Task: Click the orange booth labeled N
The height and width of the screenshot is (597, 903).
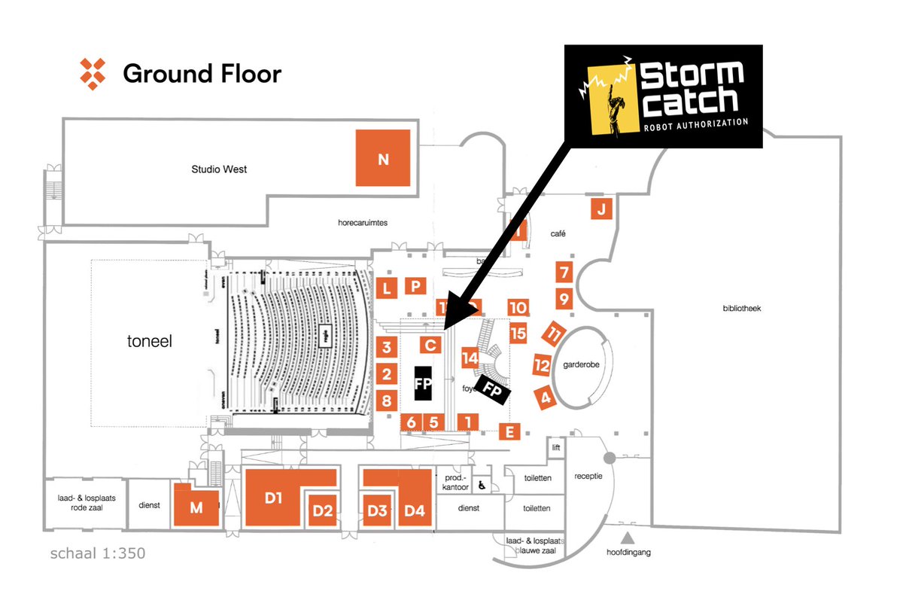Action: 383,158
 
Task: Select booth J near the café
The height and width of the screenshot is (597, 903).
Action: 600,210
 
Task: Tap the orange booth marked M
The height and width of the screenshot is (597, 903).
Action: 196,507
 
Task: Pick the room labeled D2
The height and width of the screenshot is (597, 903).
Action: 323,511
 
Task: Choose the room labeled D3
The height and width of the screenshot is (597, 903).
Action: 377,511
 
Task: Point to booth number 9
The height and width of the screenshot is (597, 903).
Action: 564,299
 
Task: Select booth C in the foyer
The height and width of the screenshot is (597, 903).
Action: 430,346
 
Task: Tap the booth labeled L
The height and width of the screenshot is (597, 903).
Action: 387,288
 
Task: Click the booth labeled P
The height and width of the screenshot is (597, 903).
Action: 415,285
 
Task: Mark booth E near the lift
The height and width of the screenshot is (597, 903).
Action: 509,431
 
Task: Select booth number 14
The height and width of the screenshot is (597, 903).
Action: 471,358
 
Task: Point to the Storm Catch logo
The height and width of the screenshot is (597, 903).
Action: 663,96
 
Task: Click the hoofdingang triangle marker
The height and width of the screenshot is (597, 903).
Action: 627,538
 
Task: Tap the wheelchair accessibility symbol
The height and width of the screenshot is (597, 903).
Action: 482,486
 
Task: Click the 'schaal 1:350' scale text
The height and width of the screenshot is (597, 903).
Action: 97,554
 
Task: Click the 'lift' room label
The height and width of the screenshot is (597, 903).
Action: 556,447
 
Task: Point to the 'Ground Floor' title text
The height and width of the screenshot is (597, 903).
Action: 202,74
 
